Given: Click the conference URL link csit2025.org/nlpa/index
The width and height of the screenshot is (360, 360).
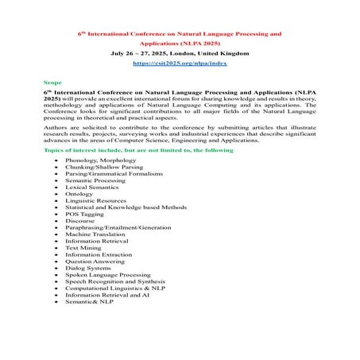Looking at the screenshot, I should pos(180,60).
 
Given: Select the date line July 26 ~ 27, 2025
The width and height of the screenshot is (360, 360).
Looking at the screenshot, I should pos(180,49).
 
